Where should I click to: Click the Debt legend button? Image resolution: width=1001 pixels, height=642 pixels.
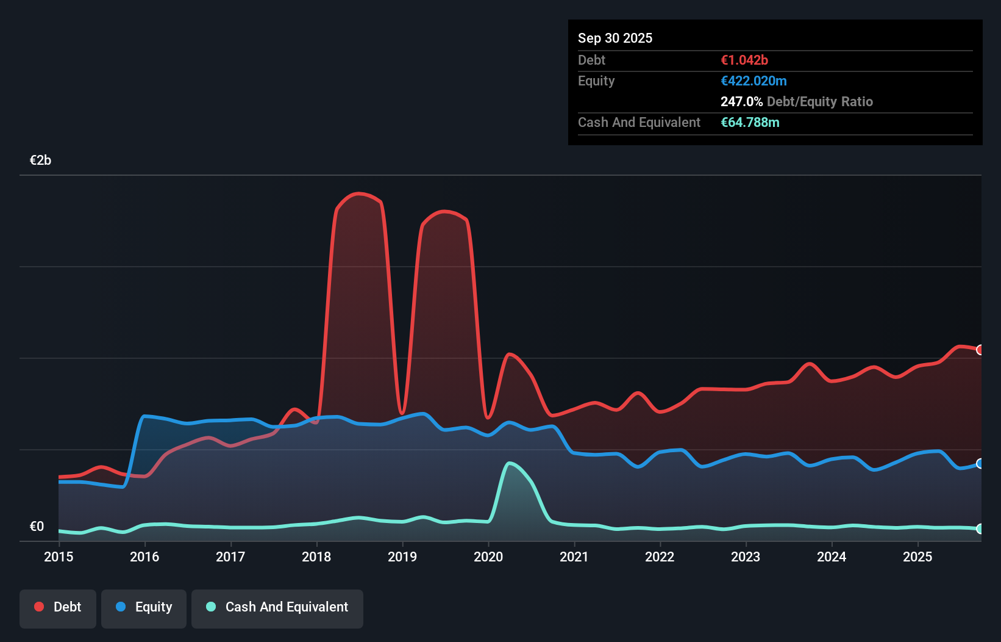(58, 607)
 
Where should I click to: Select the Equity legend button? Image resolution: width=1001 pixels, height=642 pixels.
(144, 607)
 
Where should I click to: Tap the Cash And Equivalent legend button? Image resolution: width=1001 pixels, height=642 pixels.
(277, 607)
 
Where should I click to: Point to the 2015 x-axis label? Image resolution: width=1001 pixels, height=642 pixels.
(59, 557)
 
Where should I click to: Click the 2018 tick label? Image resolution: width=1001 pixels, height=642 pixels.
(316, 557)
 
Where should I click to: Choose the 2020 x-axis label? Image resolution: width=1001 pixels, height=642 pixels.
(488, 557)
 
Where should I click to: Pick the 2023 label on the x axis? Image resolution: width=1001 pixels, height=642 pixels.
(746, 557)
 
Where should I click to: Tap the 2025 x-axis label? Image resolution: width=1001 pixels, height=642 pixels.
(917, 557)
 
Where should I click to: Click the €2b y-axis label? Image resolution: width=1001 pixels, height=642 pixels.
(40, 161)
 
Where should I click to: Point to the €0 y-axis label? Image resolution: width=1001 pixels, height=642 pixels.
(37, 527)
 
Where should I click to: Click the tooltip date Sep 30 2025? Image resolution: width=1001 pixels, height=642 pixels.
(614, 38)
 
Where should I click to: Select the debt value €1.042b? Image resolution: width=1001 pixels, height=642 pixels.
(744, 60)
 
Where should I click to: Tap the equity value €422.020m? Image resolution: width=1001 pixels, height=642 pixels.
(753, 81)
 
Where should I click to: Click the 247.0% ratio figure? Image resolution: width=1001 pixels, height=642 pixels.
(741, 102)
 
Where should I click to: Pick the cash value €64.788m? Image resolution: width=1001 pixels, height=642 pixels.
(750, 123)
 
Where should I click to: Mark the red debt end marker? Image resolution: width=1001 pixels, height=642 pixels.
(980, 350)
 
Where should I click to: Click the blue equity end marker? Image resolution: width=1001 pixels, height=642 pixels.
(980, 464)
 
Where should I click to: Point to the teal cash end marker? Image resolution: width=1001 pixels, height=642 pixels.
(980, 529)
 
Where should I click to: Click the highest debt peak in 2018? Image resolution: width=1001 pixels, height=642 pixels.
(359, 193)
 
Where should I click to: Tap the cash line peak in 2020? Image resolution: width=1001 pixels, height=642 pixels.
(510, 463)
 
